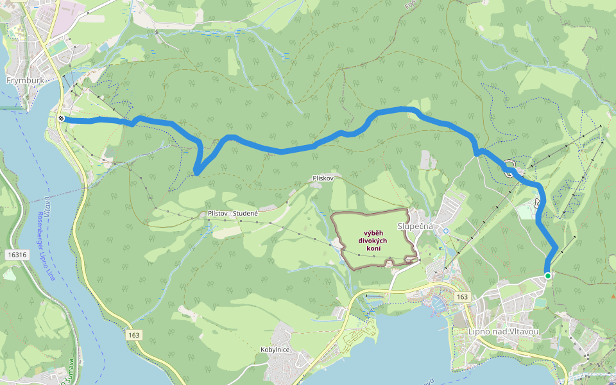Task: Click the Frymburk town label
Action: pyautogui.click(x=23, y=81)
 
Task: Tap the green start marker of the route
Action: pyautogui.click(x=547, y=275)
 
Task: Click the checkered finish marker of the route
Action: pyautogui.click(x=61, y=119)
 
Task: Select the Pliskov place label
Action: pyautogui.click(x=323, y=178)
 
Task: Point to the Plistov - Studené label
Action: pyautogui.click(x=233, y=213)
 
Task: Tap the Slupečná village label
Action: pyautogui.click(x=416, y=227)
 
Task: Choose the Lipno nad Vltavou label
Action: pyautogui.click(x=504, y=331)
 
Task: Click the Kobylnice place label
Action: pyautogui.click(x=275, y=349)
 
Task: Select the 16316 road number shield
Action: pyautogui.click(x=17, y=255)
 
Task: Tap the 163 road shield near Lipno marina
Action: pyautogui.click(x=462, y=297)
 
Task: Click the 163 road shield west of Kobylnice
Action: pyautogui.click(x=133, y=335)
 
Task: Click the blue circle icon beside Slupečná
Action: pyautogui.click(x=446, y=230)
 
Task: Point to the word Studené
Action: pyautogui.click(x=246, y=213)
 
